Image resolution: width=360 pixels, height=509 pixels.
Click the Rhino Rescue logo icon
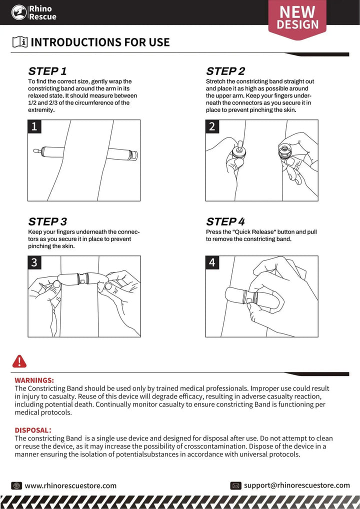pos(19,12)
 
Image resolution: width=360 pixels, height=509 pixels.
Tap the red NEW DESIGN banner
pos(298,17)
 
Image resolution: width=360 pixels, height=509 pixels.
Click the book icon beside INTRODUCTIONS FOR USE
pos(20,42)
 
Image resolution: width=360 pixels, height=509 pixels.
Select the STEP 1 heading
pos(47,71)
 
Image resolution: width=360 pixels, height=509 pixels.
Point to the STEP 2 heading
pos(225,71)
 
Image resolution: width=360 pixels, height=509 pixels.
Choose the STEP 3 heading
pos(47,221)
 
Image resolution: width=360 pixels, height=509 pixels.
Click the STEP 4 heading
pos(225,221)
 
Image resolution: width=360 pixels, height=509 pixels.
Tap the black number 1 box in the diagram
pos(34,126)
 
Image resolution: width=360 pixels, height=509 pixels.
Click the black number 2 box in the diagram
pos(212,126)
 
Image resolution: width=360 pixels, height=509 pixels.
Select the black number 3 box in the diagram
pos(34,262)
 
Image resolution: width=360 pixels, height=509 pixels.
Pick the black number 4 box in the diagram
pos(212,262)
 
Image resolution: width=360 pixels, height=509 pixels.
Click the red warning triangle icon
pos(19,361)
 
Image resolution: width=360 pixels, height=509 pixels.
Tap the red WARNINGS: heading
pos(34,380)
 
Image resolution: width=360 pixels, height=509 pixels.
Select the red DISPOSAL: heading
pos(33,430)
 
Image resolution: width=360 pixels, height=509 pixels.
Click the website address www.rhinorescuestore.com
pos(70,485)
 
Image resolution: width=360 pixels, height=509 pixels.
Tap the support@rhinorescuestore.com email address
pos(297,485)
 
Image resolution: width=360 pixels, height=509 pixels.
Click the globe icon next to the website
pos(16,485)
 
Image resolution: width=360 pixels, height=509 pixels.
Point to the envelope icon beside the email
pos(236,485)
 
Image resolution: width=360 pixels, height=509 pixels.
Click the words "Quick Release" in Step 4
pos(256,232)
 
